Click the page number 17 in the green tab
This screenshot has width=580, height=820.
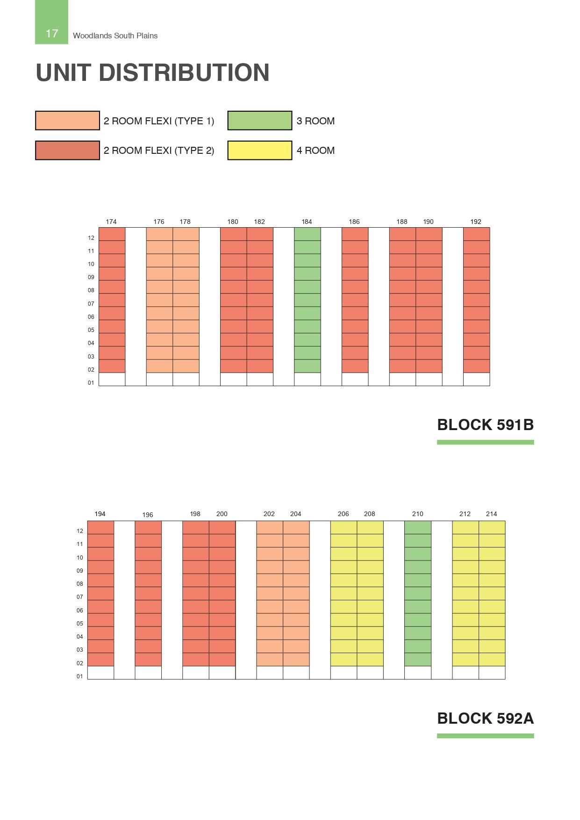click(52, 33)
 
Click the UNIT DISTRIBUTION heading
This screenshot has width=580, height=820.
click(152, 72)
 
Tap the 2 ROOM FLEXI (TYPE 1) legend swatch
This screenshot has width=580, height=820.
click(67, 121)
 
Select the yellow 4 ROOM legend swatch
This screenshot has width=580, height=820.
click(259, 151)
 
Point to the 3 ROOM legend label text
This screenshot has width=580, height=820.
click(315, 121)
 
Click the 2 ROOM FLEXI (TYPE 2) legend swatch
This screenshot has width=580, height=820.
click(67, 151)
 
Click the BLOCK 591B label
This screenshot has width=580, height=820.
click(485, 425)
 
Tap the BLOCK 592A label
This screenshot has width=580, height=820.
click(485, 718)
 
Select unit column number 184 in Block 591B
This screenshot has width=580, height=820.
click(307, 222)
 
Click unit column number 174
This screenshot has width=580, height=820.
click(111, 222)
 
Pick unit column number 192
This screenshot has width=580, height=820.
click(476, 222)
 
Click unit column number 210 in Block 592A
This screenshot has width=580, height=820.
click(417, 514)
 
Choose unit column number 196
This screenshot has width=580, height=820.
click(148, 515)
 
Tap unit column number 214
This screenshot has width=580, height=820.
click(491, 514)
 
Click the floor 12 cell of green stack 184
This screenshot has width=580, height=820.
click(308, 234)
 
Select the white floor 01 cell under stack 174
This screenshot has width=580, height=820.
click(112, 379)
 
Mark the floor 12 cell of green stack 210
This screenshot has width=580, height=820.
click(418, 527)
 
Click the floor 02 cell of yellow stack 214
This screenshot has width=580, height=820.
click(492, 659)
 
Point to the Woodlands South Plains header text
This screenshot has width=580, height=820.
click(115, 36)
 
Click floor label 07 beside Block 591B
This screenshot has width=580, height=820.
click(91, 304)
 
